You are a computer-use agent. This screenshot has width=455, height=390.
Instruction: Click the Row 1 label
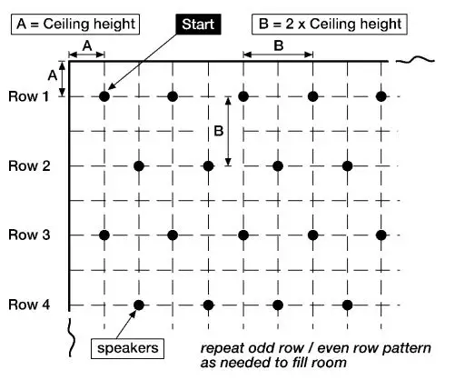tap(28, 95)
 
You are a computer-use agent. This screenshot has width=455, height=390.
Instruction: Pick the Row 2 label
tap(28, 165)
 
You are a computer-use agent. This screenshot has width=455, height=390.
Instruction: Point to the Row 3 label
tap(28, 235)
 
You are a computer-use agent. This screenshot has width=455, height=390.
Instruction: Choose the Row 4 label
tap(28, 305)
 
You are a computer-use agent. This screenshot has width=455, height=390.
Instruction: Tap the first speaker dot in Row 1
tap(104, 95)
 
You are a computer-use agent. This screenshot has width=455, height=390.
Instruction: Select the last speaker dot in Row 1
tap(381, 95)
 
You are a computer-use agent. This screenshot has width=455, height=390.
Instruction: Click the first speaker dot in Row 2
tap(139, 165)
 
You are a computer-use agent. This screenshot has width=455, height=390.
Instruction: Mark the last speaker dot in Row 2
tap(348, 165)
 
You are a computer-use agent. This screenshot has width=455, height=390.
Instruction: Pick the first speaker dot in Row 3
tap(104, 235)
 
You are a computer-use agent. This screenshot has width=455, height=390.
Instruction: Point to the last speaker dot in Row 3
tap(381, 235)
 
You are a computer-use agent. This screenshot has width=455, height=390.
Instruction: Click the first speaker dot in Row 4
tap(139, 305)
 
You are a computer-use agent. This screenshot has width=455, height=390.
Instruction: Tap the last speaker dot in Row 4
tap(348, 305)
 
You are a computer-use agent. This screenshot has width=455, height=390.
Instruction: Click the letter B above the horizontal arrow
tap(278, 44)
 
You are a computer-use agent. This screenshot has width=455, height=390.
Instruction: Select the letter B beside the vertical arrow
tap(218, 131)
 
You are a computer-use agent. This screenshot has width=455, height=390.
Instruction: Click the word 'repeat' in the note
tap(220, 349)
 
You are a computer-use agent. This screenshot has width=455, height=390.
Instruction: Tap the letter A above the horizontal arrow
tap(87, 44)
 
